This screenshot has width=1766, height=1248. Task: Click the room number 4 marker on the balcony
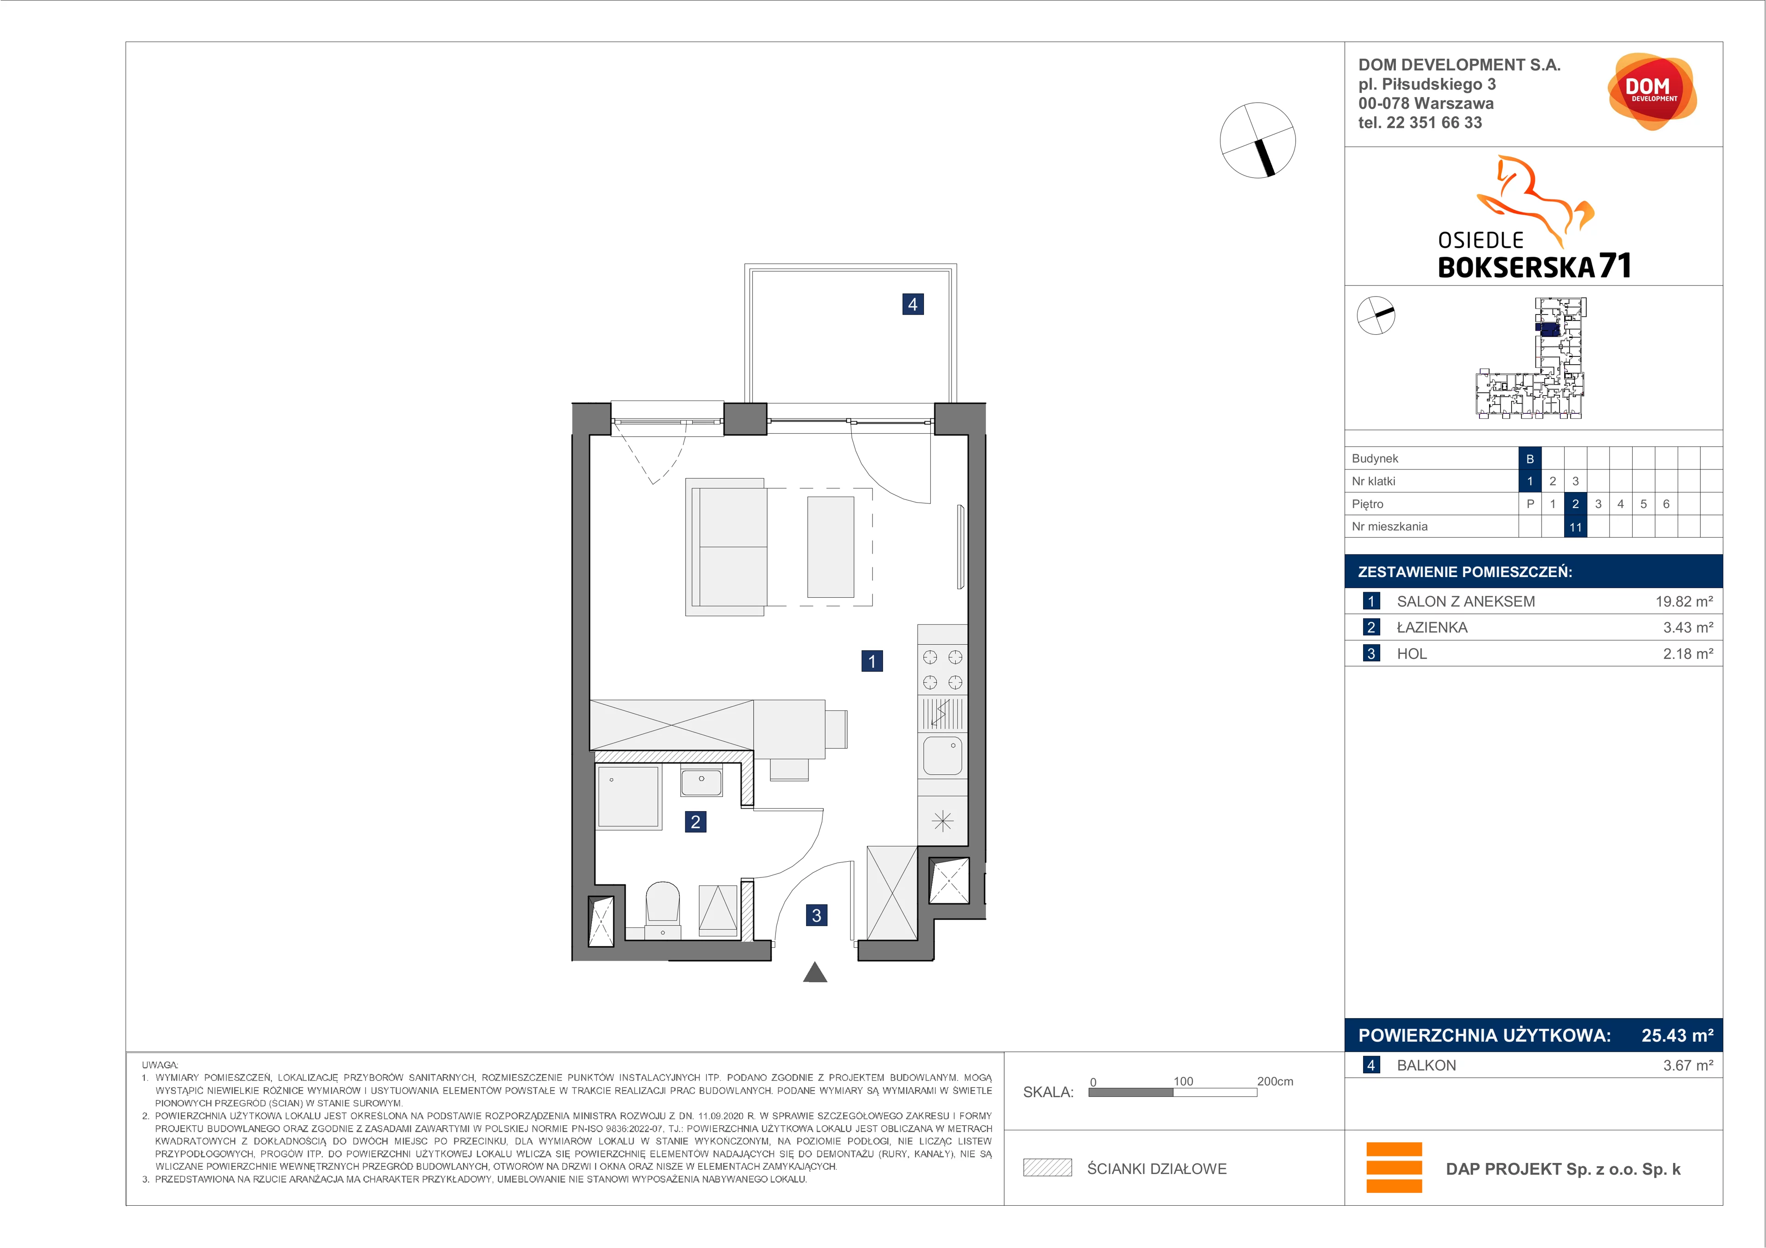pos(912,304)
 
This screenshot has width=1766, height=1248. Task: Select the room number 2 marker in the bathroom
pos(695,822)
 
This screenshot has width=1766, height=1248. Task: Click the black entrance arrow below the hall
pos(815,973)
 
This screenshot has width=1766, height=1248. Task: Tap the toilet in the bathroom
pos(662,909)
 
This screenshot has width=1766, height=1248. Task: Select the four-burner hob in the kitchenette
pos(942,669)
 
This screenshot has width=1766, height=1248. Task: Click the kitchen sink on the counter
pos(942,755)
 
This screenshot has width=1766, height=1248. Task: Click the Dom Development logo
pos(1651,92)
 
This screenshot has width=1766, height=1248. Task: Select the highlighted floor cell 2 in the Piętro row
pos(1575,504)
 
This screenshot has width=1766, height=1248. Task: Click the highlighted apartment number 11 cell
pos(1575,527)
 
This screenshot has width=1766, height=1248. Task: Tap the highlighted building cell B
pos(1530,459)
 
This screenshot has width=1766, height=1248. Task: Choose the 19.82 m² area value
pos(1684,601)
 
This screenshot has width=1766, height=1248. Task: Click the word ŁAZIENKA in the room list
pos(1431,628)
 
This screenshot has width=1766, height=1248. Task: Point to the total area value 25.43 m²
pos(1677,1035)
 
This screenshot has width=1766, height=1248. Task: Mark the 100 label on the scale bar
pos(1183,1081)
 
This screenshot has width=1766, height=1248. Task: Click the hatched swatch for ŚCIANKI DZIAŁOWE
pos(1047,1168)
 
